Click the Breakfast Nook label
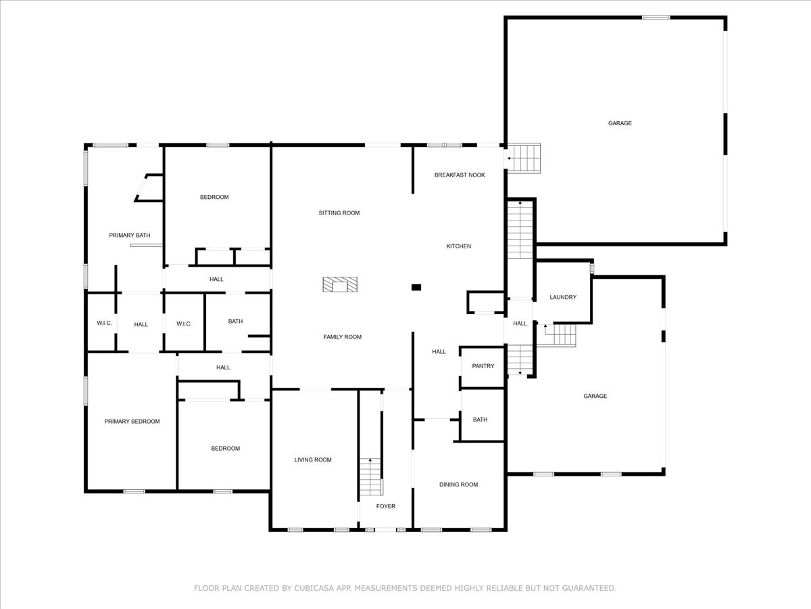460,175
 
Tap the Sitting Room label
339,213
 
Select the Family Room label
343,337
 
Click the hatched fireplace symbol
340,284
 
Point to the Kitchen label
458,246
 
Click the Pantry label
483,366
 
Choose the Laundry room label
563,297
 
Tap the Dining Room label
458,484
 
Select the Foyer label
386,506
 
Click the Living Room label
313,459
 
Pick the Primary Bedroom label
132,421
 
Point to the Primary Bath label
130,235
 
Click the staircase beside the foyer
371,476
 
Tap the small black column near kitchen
416,288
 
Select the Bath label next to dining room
480,420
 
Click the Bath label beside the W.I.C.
235,321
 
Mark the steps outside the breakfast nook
524,158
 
